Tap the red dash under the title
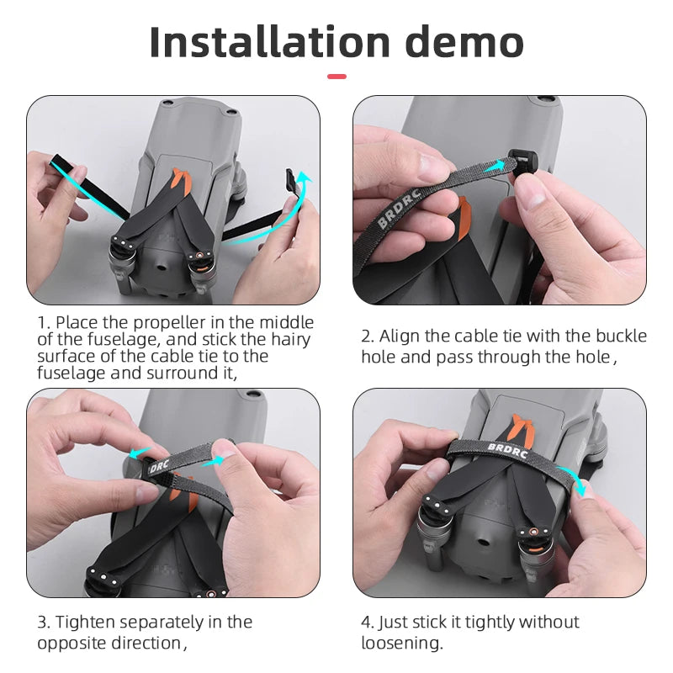pos(336,77)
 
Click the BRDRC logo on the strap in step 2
pos(398,207)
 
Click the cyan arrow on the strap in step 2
pos(494,167)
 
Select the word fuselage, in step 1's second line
pos(124,340)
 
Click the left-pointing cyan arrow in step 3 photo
pos(140,453)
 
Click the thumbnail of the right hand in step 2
pos(533,194)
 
